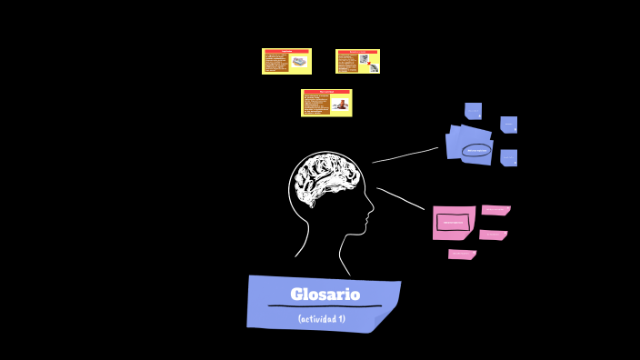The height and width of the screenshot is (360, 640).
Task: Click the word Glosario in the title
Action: [x=325, y=295]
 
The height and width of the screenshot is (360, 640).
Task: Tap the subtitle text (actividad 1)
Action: [x=322, y=318]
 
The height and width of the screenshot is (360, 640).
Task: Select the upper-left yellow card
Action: [x=286, y=61]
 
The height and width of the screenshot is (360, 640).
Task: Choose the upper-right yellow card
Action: [x=357, y=61]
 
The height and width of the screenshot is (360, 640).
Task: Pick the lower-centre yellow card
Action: [x=326, y=103]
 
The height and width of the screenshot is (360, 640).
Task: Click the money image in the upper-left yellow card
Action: [x=299, y=63]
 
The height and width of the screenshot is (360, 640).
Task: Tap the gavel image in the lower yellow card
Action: [x=339, y=104]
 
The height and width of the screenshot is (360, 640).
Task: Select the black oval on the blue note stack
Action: [x=476, y=150]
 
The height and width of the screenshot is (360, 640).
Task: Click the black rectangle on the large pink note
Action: [x=453, y=222]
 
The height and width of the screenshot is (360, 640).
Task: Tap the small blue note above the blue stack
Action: [x=473, y=111]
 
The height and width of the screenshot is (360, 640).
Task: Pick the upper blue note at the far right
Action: [x=509, y=125]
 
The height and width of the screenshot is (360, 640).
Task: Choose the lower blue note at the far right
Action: [x=509, y=157]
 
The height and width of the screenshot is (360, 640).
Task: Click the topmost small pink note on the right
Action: [x=495, y=210]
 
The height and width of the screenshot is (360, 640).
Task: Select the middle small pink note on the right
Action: [x=493, y=235]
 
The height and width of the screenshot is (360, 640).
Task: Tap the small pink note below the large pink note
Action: [x=462, y=255]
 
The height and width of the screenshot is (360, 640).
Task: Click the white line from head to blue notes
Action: [x=405, y=155]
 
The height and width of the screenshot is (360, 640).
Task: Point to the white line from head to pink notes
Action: [x=401, y=198]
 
